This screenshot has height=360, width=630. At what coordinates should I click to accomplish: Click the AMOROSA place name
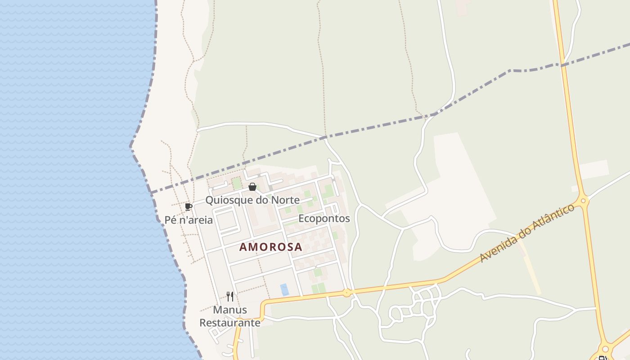click(x=270, y=247)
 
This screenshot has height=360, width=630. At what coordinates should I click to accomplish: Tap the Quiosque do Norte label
click(x=252, y=200)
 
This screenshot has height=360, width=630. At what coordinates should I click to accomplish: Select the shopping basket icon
click(x=252, y=187)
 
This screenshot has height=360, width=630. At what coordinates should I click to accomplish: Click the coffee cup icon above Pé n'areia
click(x=189, y=207)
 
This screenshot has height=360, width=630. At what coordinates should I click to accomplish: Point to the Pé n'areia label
click(x=189, y=220)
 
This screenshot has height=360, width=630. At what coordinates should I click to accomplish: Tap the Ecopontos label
click(x=324, y=218)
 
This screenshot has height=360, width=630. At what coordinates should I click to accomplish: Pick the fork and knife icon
click(x=230, y=297)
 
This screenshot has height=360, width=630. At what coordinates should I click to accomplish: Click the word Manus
click(x=230, y=310)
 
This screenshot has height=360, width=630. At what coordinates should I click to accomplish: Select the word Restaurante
click(x=230, y=323)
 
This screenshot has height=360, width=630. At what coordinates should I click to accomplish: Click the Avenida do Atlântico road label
click(x=527, y=233)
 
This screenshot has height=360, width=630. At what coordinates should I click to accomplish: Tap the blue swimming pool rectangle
click(x=284, y=289)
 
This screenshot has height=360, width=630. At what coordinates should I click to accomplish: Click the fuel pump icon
click(x=602, y=358)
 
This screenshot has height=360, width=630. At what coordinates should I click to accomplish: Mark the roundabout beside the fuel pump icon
click(x=606, y=349)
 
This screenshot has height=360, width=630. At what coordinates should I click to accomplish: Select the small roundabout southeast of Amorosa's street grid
click(x=346, y=292)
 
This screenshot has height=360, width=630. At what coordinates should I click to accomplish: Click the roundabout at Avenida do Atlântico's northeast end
click(x=583, y=201)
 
